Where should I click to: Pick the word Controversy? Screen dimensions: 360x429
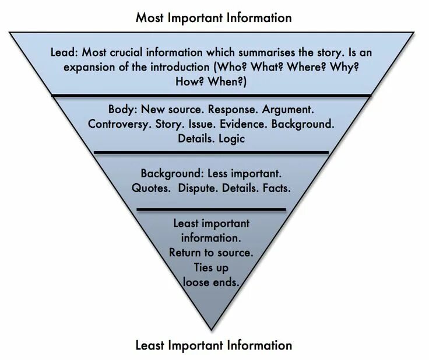(117, 124)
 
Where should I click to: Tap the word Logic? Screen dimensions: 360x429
(232, 139)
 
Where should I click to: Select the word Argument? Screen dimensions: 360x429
(288, 110)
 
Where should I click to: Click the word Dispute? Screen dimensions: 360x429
(198, 188)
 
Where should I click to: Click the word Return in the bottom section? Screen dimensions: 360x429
(188, 253)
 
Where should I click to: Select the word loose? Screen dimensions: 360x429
(196, 281)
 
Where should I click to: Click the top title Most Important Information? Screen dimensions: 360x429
(213, 18)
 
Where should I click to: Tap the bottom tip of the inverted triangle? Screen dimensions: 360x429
(212, 329)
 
